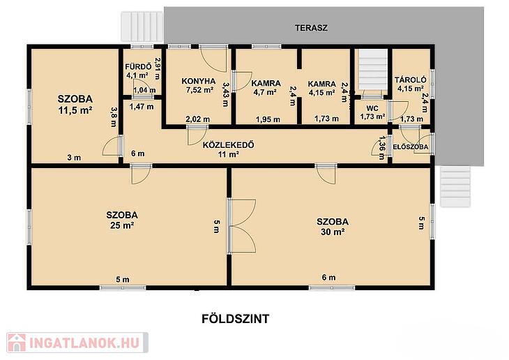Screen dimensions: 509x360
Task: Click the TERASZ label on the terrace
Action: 311,28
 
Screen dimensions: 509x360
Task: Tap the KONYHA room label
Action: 198,81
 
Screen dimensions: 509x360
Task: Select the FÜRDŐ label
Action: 138,67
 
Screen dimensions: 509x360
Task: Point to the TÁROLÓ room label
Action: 410,80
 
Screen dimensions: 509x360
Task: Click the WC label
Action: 372,109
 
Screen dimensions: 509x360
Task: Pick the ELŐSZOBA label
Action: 410,147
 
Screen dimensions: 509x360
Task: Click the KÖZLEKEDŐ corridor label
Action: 228,145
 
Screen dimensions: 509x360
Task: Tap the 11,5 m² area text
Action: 75,110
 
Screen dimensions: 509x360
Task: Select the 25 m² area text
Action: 122,225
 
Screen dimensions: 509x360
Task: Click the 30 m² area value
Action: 333,232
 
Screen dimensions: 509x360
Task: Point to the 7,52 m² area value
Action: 199,90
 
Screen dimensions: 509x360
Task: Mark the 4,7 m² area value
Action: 265,92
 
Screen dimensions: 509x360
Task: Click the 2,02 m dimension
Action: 198,119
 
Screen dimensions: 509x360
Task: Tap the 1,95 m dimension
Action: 268,119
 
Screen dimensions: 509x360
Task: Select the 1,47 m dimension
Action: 142,107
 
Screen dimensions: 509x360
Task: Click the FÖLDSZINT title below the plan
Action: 236,319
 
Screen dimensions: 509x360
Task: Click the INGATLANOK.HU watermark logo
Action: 77,343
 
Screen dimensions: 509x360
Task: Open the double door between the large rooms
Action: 242,226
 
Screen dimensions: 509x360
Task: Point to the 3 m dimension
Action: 74,158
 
